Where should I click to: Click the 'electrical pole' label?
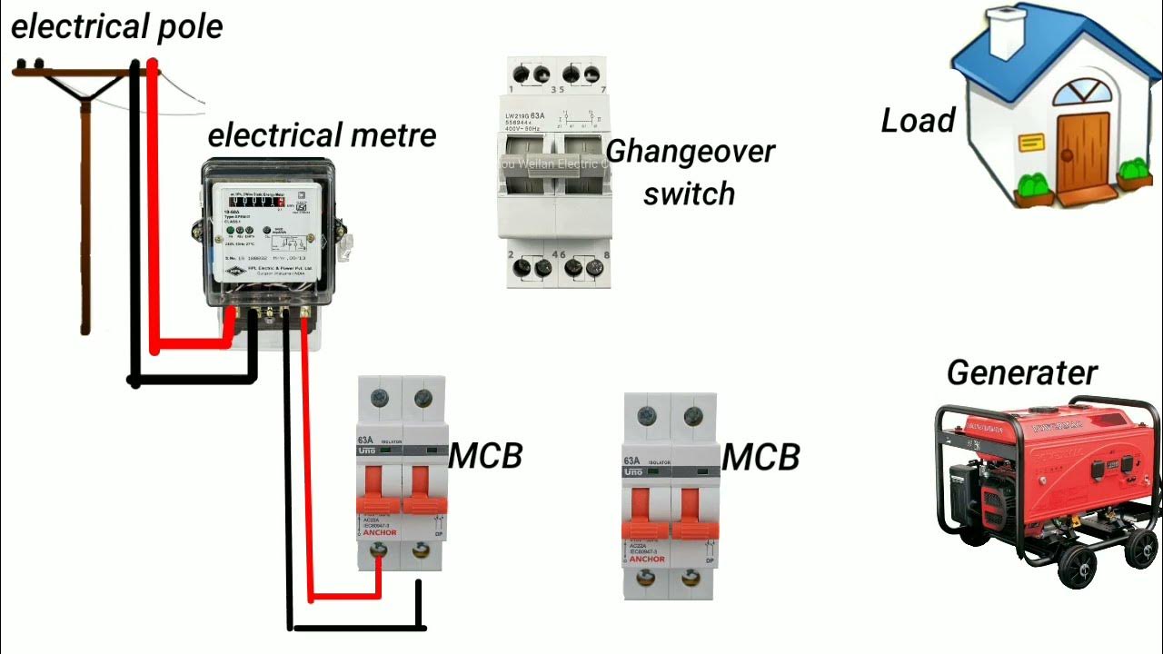pyautogui.click(x=116, y=26)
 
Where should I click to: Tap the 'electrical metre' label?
pyautogui.click(x=322, y=136)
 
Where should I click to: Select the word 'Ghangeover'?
pyautogui.click(x=691, y=151)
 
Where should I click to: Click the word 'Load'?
pyautogui.click(x=918, y=121)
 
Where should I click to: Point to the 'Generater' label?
pyautogui.click(x=1021, y=372)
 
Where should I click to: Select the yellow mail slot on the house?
pyautogui.click(x=1032, y=142)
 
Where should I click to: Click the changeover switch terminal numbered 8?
pyautogui.click(x=595, y=268)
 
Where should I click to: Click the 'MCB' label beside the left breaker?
pyautogui.click(x=487, y=456)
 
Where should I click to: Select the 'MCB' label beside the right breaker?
pyautogui.click(x=760, y=457)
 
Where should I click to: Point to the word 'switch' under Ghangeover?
pyautogui.click(x=689, y=193)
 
